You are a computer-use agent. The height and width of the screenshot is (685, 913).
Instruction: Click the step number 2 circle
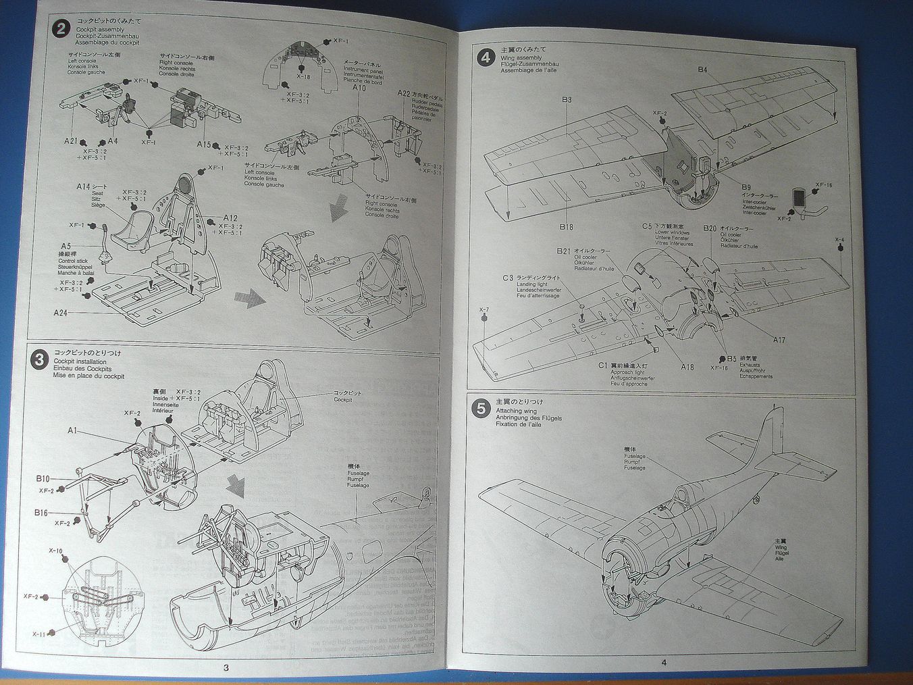pos(61,30)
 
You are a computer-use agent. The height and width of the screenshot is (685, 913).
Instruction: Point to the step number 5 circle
pos(481,409)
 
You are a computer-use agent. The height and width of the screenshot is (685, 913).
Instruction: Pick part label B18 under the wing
pos(565,227)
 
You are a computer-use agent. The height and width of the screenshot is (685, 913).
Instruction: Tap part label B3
pos(566,100)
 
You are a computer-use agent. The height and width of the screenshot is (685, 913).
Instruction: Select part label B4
pos(703,70)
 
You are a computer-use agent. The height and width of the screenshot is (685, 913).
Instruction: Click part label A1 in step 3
pos(73,430)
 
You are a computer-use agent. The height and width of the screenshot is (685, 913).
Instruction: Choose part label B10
pos(43,479)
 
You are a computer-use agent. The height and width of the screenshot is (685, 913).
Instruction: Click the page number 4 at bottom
pos(664,663)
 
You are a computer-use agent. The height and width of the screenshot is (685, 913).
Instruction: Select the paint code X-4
pos(839,240)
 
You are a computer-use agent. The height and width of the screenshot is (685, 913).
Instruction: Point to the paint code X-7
pos(484,310)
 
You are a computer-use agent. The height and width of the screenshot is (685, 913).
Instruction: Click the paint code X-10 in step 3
pos(55,551)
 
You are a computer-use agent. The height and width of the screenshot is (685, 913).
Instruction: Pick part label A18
pos(687,367)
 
